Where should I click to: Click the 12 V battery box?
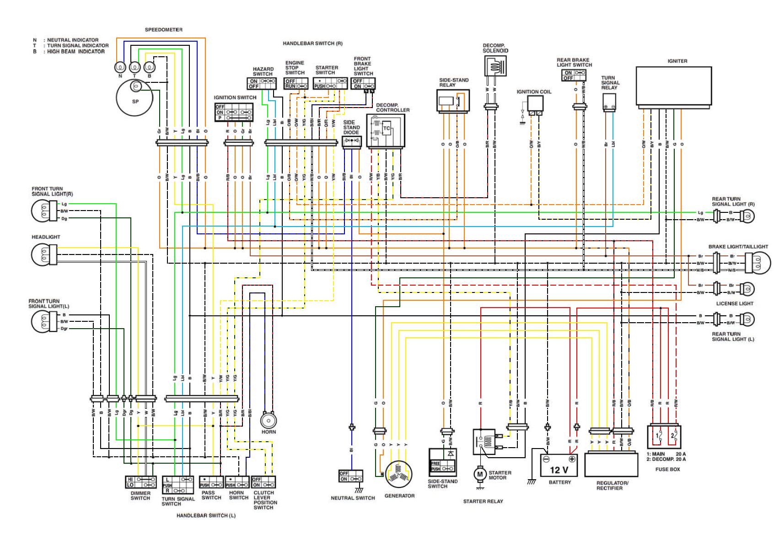pyautogui.click(x=559, y=465)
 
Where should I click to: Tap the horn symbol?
pyautogui.click(x=269, y=419)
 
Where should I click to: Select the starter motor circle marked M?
pyautogui.click(x=479, y=474)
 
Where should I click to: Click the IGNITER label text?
pyautogui.click(x=677, y=61)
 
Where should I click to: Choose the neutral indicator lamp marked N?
pyautogui.click(x=120, y=67)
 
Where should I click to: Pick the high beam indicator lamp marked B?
pyautogui.click(x=150, y=67)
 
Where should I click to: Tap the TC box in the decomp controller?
pyautogui.click(x=387, y=129)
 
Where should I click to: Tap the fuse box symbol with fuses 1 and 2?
pyautogui.click(x=664, y=437)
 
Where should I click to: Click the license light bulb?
pyautogui.click(x=747, y=289)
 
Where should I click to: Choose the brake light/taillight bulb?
pyautogui.click(x=755, y=263)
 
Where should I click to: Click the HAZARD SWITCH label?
pyautogui.click(x=263, y=71)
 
